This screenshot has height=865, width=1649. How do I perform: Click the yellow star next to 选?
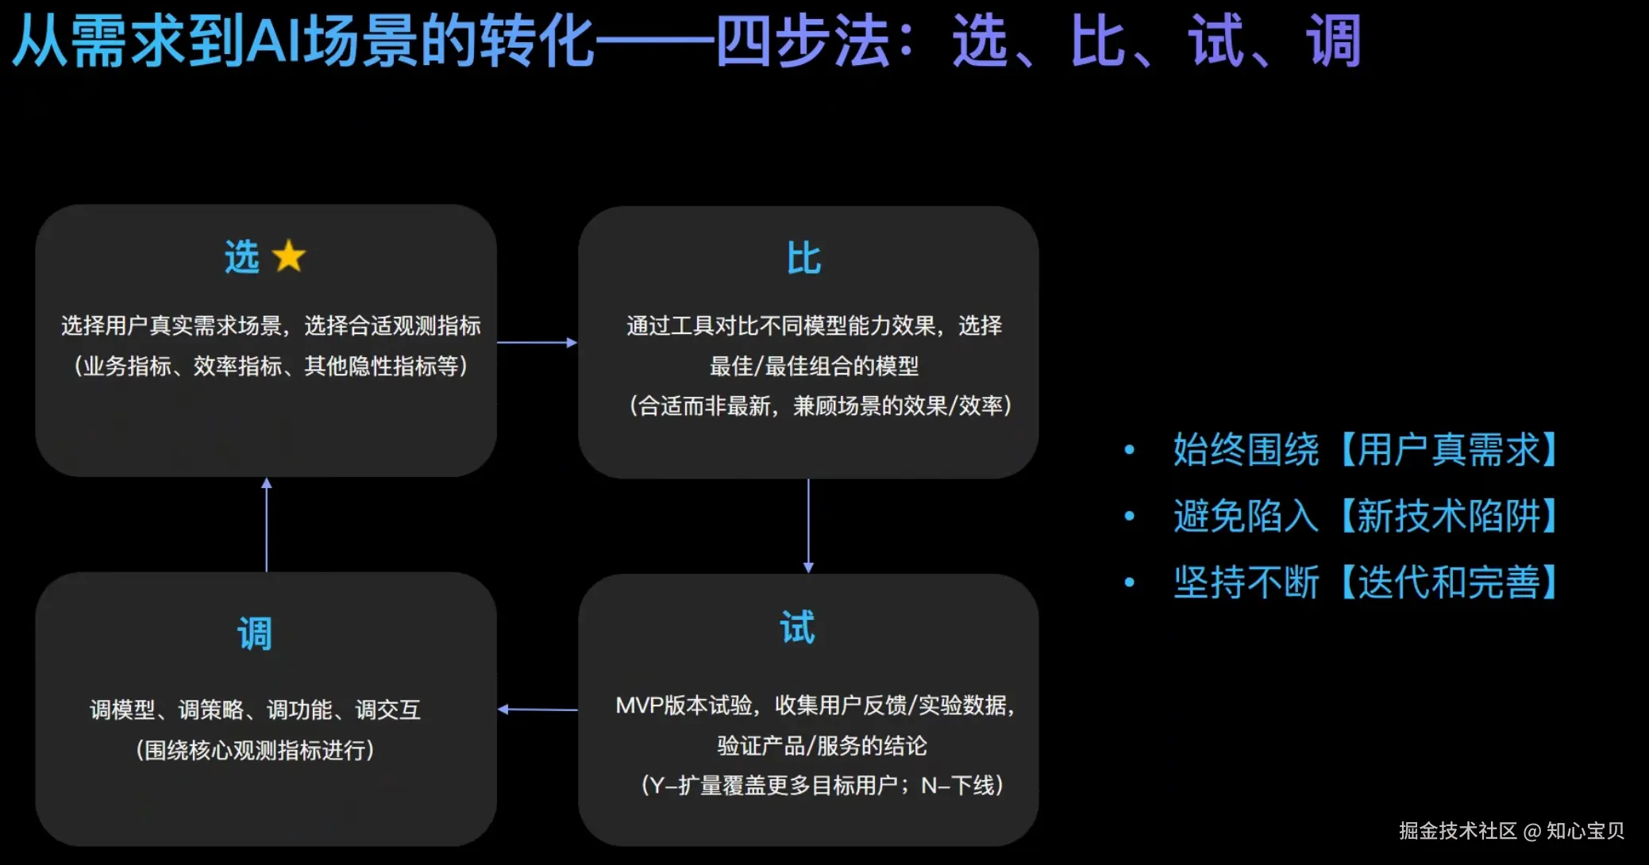coord(288,256)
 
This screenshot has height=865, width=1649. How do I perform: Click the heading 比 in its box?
coord(803,259)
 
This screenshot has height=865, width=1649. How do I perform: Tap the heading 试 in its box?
coord(797,628)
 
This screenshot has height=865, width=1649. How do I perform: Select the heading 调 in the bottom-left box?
coord(255,634)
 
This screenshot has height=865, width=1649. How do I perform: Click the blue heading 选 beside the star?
coord(242,257)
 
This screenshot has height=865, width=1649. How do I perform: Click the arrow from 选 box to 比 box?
coord(537,343)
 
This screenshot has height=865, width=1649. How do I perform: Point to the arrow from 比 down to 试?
coord(808,525)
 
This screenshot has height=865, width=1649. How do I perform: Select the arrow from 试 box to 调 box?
coord(537,709)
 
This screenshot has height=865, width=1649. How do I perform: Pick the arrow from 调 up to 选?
coord(267,525)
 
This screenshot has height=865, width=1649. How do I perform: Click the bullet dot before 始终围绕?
coord(1129,450)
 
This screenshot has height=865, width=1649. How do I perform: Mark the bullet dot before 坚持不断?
coord(1129,582)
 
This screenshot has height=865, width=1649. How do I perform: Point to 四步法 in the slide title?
coord(802,41)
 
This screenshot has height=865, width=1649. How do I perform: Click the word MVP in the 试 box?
coord(639,705)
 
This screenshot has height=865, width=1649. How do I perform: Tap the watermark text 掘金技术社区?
coord(1458,831)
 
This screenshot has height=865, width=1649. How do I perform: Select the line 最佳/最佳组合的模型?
coord(814,366)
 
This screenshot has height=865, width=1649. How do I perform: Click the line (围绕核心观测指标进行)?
coord(255,750)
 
